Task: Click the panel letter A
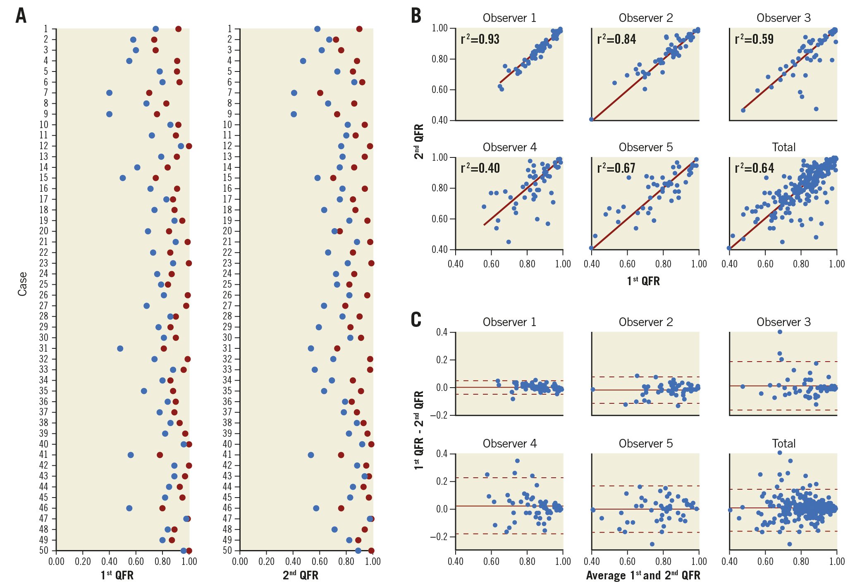[21, 16]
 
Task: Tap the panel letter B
[416, 16]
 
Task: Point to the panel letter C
[416, 319]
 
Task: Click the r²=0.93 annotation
[480, 39]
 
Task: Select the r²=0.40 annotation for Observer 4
[480, 168]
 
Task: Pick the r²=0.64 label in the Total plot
[754, 168]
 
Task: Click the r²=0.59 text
[754, 39]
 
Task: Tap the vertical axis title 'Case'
[22, 284]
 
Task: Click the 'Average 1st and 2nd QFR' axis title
[643, 575]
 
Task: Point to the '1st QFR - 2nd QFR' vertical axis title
[419, 430]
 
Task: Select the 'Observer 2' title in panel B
[646, 18]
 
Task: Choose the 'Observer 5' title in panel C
[646, 444]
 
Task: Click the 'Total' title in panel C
[783, 444]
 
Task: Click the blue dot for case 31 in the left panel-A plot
[120, 349]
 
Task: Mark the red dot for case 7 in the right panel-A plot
[320, 93]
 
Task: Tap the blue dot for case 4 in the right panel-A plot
[303, 61]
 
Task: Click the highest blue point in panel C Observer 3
[780, 332]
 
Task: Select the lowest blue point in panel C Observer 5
[652, 544]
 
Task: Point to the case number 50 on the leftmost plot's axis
[43, 550]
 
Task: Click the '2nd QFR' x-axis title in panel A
[301, 575]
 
